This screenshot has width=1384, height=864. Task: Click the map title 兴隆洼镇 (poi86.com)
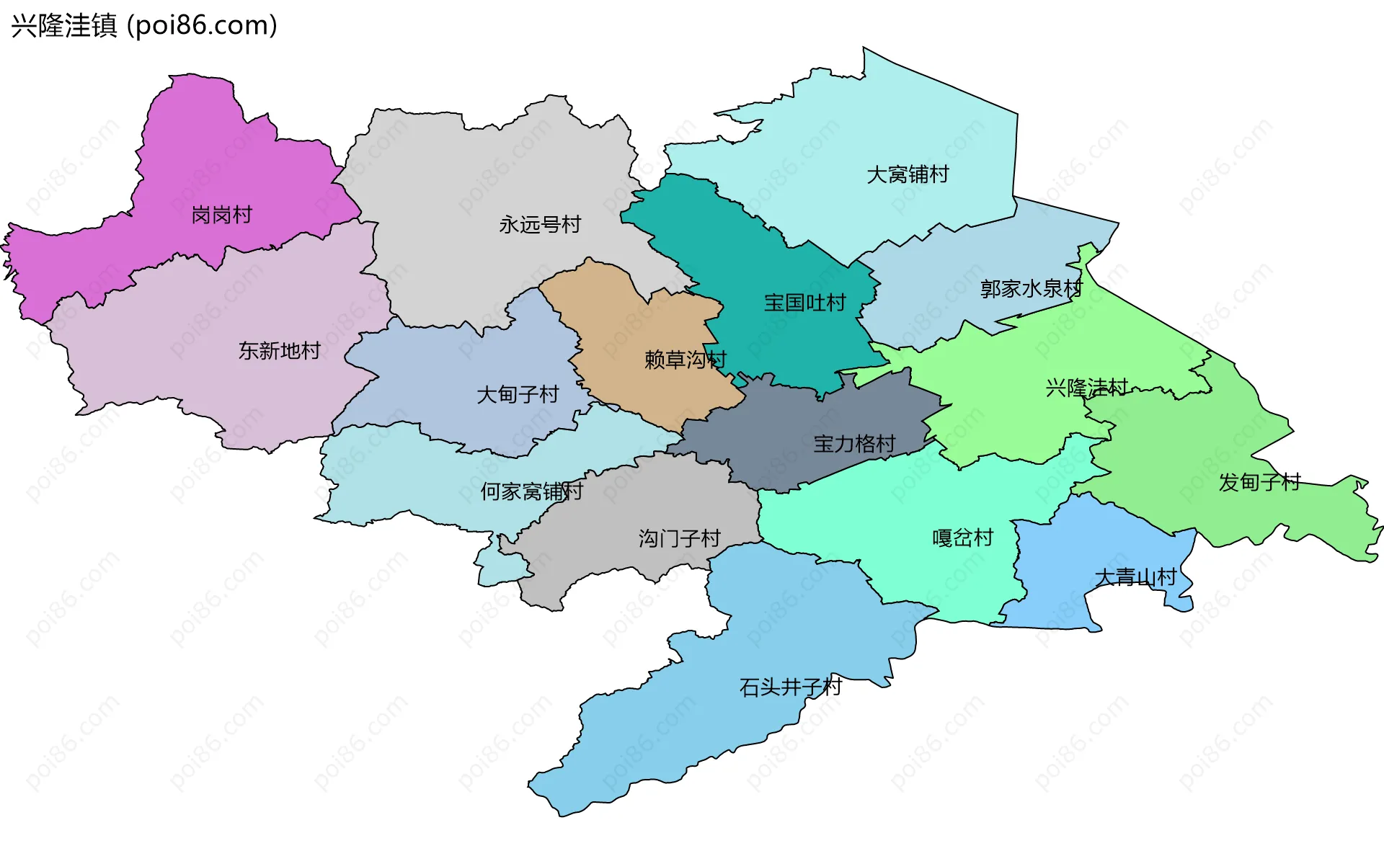click(144, 26)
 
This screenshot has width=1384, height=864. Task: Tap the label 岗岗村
click(221, 215)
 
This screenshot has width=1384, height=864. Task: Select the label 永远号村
click(540, 225)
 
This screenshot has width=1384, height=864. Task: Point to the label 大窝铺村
click(908, 174)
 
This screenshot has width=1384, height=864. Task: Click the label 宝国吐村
click(804, 303)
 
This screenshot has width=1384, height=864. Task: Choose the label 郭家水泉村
click(1031, 289)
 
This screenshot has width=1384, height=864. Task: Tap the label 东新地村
click(280, 351)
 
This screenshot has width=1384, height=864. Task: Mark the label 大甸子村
click(518, 394)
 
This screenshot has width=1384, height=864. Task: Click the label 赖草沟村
click(685, 360)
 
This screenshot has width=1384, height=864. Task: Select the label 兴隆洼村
click(1086, 388)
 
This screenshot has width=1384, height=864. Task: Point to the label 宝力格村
click(854, 444)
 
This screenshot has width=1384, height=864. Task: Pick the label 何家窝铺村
click(531, 491)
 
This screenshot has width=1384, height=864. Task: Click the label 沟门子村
click(679, 538)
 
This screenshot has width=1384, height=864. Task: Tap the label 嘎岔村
click(962, 538)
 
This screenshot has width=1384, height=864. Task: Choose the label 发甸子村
click(1259, 482)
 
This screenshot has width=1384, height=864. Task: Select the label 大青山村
click(1135, 577)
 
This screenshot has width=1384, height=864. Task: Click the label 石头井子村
click(790, 687)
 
